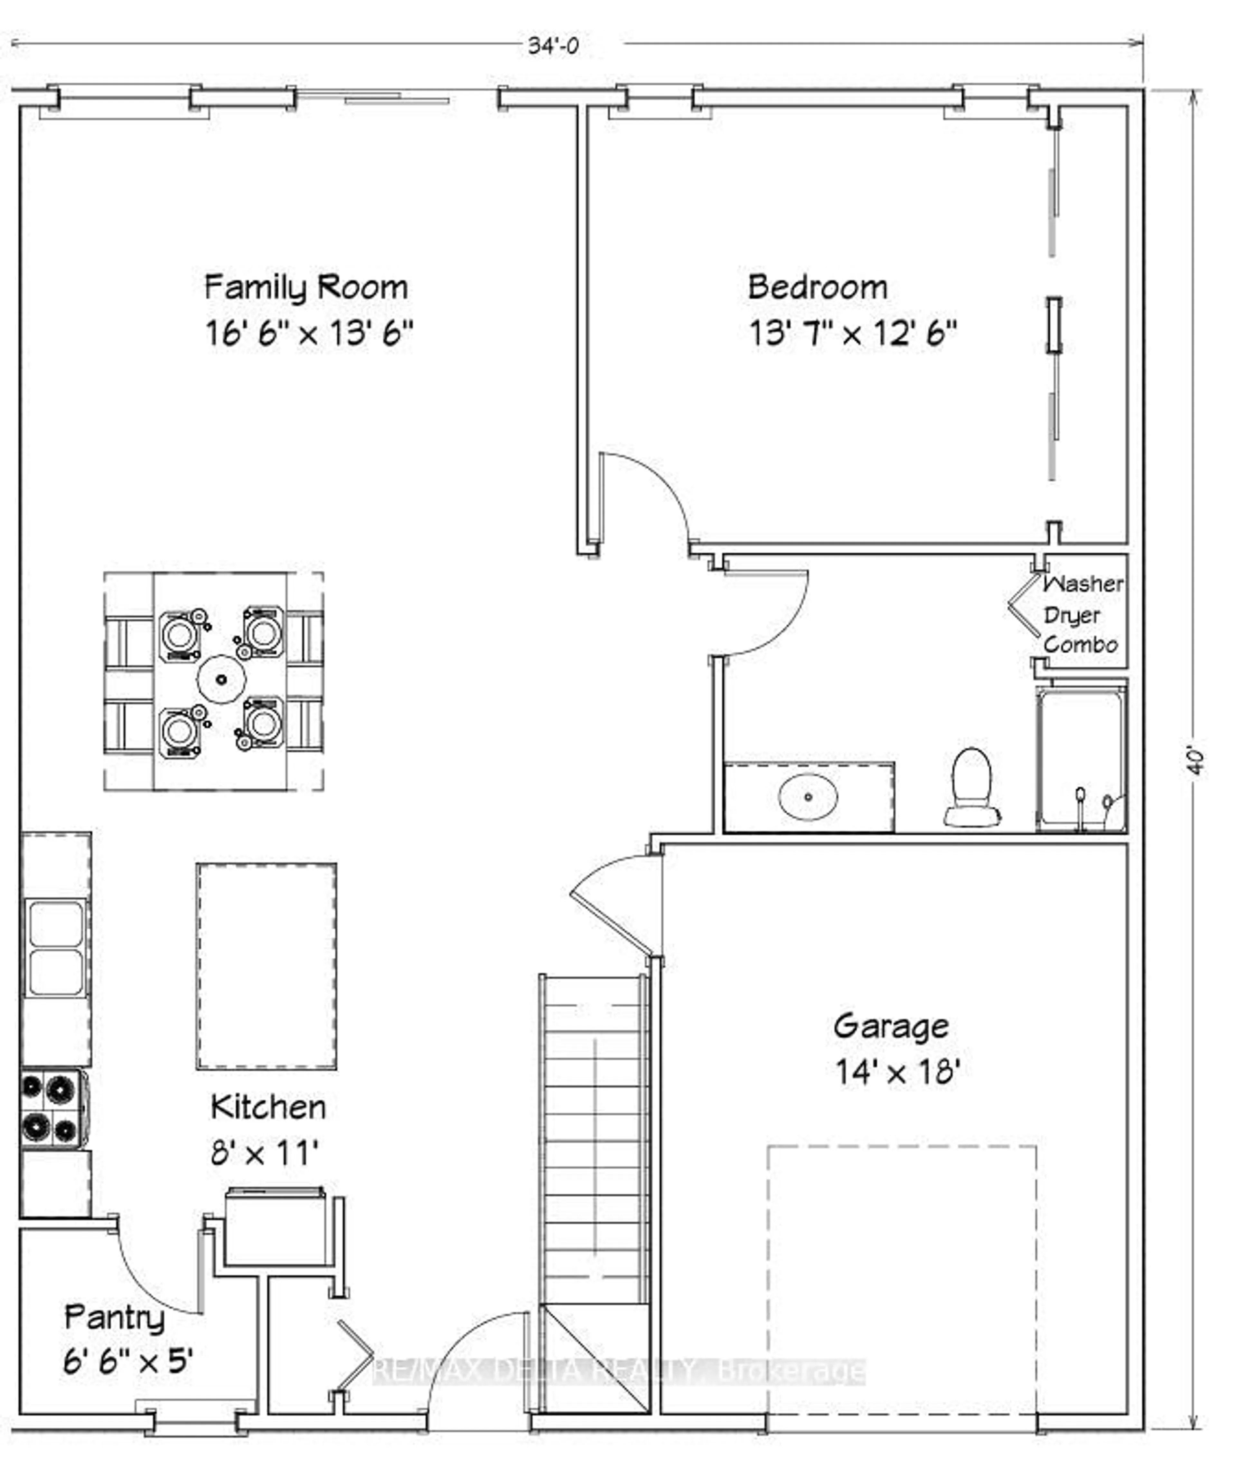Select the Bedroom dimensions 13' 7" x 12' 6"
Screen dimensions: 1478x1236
coord(853,332)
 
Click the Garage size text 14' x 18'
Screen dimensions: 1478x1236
coord(897,1073)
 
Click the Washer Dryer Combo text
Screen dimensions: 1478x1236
coord(1082,614)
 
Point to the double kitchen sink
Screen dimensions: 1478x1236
coord(56,947)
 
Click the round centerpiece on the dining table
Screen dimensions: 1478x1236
coord(221,679)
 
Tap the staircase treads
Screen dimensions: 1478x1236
coord(595,1140)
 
